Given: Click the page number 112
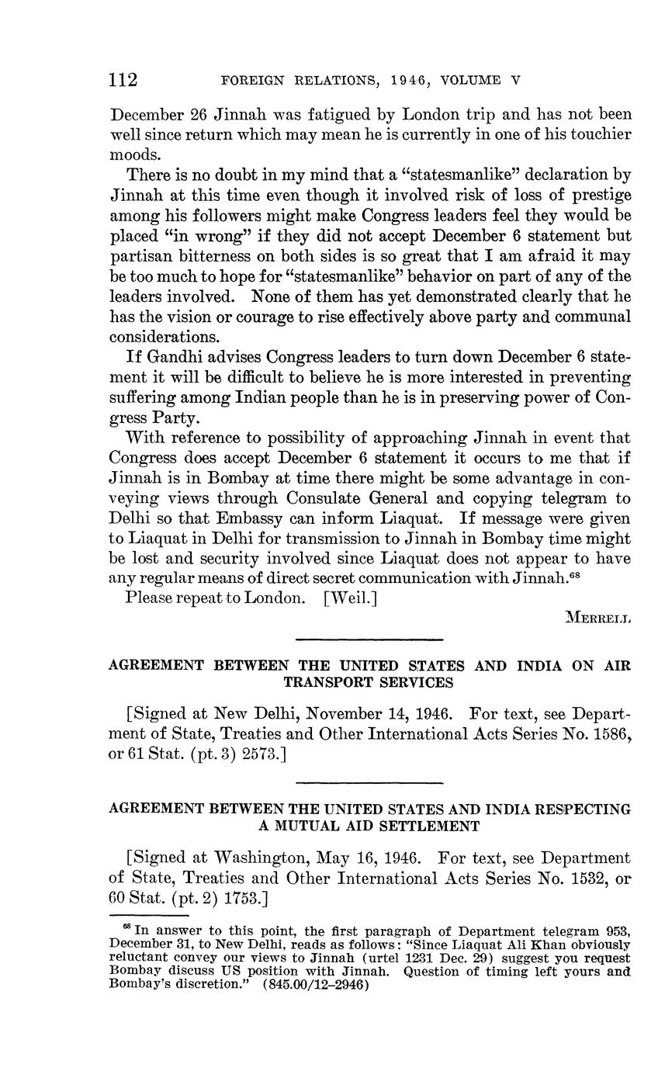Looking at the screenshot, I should click(123, 79).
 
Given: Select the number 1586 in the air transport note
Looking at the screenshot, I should click(605, 733).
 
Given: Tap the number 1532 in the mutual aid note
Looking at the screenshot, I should click(575, 879).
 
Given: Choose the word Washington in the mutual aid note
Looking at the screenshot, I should click(259, 858).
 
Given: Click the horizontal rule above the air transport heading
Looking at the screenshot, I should click(369, 639).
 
